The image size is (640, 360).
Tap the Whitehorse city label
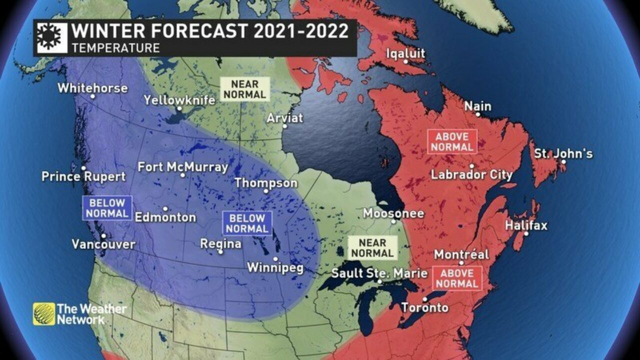pyautogui.click(x=92, y=88)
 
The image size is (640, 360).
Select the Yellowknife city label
pyautogui.click(x=179, y=100)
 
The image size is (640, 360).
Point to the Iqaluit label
pyautogui.click(x=405, y=53)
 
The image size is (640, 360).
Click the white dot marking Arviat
pyautogui.click(x=284, y=126)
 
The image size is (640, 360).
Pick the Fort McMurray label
pyautogui.click(x=182, y=166)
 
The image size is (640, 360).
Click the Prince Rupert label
pyautogui.click(x=83, y=176)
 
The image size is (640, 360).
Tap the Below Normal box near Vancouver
pyautogui.click(x=107, y=208)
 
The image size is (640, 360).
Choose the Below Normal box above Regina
pyautogui.click(x=247, y=223)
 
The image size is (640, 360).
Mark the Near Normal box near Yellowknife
pyautogui.click(x=245, y=88)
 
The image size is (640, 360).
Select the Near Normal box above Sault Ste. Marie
pyautogui.click(x=372, y=248)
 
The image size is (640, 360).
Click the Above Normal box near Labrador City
pyautogui.click(x=452, y=142)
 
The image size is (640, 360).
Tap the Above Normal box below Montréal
pyautogui.click(x=457, y=278)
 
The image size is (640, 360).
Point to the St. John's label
pyautogui.click(x=563, y=153)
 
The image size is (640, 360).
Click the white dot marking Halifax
pyautogui.click(x=526, y=233)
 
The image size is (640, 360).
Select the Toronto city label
pyautogui.click(x=425, y=307)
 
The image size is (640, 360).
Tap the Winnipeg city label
pyautogui.click(x=275, y=267)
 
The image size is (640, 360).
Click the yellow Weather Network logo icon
pyautogui.click(x=44, y=314)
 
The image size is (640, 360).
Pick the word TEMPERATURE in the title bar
pyautogui.click(x=115, y=48)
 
